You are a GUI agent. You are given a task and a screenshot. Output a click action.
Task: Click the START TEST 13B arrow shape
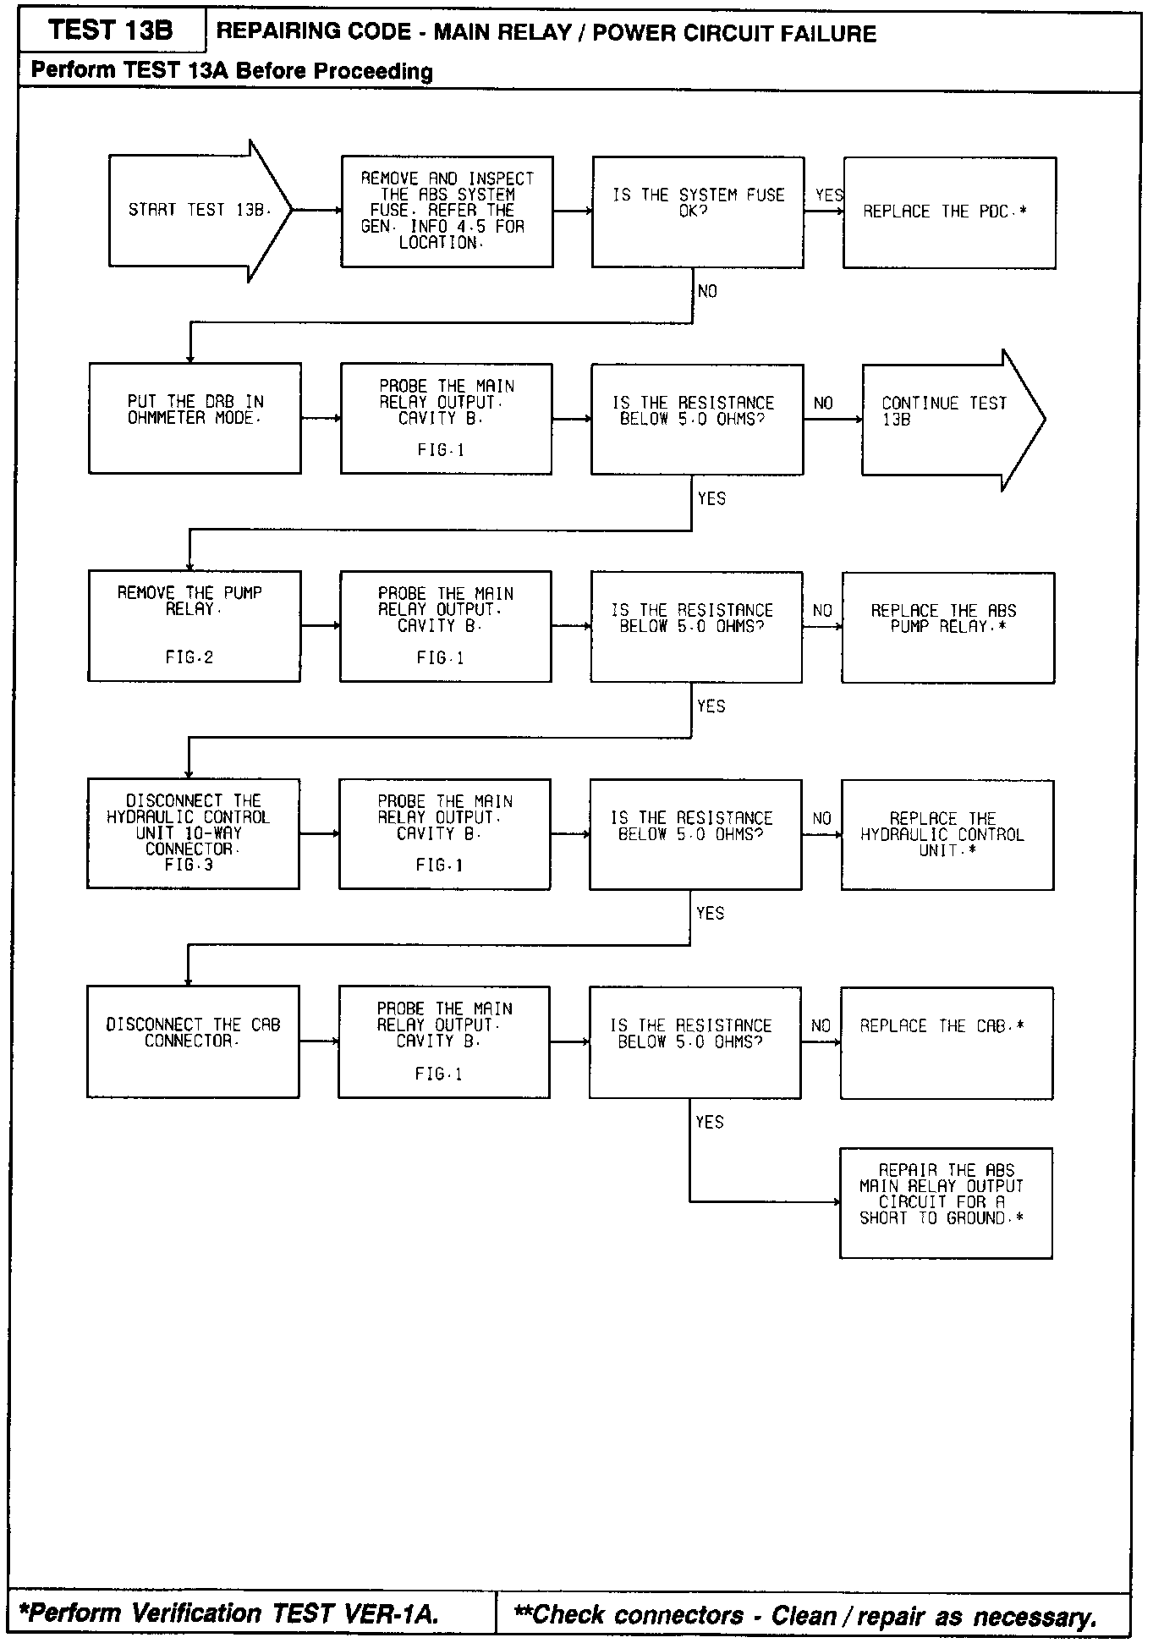click(199, 211)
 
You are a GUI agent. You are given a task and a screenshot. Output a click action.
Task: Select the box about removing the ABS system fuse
click(447, 212)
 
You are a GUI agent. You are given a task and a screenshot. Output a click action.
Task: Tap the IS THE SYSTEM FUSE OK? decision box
click(697, 212)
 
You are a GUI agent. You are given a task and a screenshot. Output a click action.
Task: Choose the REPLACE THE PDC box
click(949, 212)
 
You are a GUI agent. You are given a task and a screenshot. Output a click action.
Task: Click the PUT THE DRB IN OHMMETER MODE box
click(195, 418)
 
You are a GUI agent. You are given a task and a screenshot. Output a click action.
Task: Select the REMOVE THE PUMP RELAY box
click(194, 626)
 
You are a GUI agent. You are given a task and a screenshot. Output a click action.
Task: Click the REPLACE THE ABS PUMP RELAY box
click(947, 627)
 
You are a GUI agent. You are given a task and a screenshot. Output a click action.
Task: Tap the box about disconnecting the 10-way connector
click(193, 833)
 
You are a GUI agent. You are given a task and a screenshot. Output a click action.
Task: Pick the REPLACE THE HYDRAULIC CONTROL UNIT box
click(947, 834)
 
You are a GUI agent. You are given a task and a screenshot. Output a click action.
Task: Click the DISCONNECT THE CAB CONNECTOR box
click(192, 1041)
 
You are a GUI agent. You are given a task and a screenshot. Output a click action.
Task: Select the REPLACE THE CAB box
click(946, 1042)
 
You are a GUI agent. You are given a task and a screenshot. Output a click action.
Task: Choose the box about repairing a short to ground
click(946, 1202)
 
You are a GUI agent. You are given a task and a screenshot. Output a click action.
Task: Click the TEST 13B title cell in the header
click(111, 31)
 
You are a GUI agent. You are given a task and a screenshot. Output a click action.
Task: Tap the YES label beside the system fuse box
click(829, 195)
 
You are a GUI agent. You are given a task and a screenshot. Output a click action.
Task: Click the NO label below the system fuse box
click(707, 291)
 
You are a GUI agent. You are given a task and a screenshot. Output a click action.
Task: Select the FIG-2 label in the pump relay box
click(189, 657)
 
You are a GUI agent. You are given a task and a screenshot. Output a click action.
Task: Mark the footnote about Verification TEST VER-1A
click(228, 1613)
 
